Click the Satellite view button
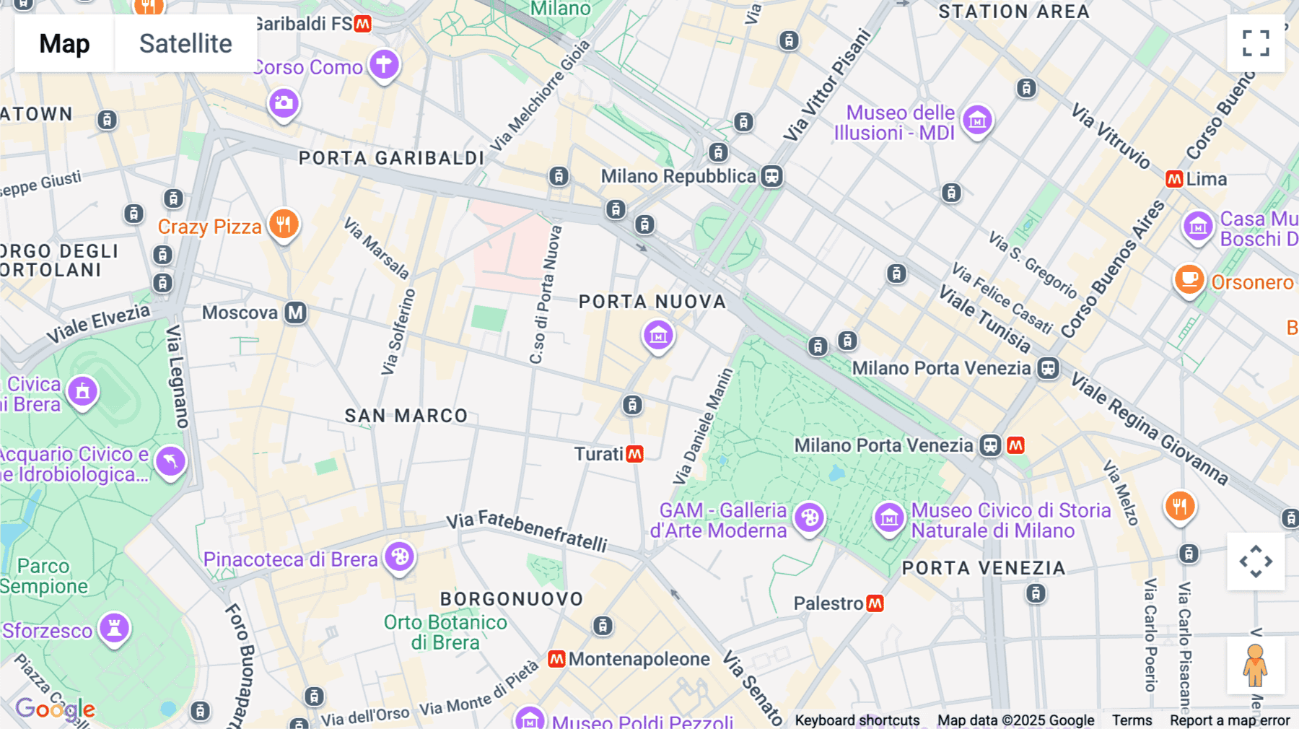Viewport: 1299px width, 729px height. (185, 43)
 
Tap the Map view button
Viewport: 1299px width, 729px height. (64, 43)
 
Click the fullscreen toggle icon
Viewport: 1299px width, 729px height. (1256, 43)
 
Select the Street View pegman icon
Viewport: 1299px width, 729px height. (1255, 665)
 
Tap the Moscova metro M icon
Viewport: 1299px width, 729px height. (295, 313)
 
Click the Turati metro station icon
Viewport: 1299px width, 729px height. (635, 454)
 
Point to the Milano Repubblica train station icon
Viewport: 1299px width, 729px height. (771, 176)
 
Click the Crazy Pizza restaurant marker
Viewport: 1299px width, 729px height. (284, 224)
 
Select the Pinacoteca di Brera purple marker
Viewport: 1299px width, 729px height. (399, 557)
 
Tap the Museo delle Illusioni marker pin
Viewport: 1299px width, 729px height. (977, 120)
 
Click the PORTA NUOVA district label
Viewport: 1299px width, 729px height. (652, 302)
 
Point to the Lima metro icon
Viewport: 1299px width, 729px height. (1174, 179)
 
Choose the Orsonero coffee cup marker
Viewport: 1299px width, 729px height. (1189, 279)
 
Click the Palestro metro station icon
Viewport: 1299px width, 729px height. (875, 603)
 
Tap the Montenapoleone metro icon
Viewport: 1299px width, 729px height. (556, 659)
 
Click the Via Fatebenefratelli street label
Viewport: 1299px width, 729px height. (526, 531)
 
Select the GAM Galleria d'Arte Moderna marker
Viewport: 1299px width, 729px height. (809, 518)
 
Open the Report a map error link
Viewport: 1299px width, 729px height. (1230, 720)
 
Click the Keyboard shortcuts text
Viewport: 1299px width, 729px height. (857, 720)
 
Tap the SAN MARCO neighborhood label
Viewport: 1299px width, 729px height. (406, 416)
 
